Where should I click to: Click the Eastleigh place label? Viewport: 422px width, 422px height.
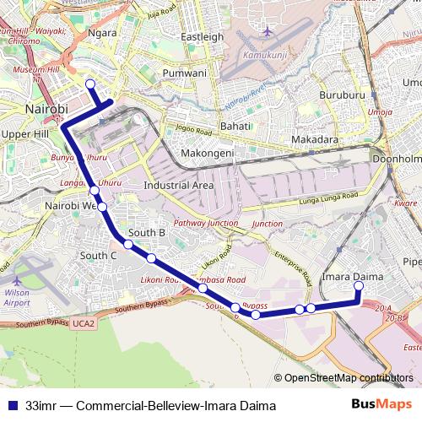click(203, 37)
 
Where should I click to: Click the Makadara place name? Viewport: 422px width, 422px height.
click(314, 139)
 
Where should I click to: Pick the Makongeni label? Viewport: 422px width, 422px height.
click(208, 154)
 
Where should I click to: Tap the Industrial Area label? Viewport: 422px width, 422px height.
click(179, 185)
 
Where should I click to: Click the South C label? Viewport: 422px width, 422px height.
click(98, 255)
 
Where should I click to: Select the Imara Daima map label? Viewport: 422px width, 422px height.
click(352, 277)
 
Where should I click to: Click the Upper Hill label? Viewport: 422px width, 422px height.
click(26, 134)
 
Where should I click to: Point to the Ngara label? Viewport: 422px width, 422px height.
click(102, 34)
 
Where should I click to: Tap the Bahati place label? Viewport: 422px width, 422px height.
click(235, 126)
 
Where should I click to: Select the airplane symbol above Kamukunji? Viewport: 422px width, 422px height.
click(268, 32)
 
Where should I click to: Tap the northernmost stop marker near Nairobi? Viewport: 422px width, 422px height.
click(90, 83)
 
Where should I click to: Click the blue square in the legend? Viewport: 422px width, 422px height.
click(11, 406)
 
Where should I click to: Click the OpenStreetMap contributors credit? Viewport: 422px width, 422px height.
click(348, 378)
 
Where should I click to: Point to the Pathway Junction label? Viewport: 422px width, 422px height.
click(205, 224)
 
